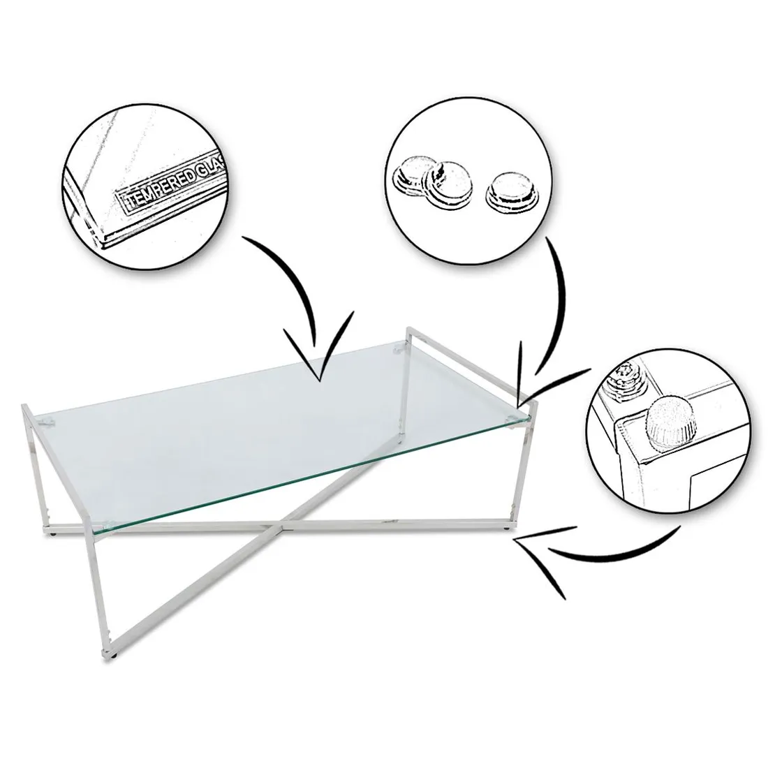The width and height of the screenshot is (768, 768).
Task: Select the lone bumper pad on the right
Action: pyautogui.click(x=511, y=193)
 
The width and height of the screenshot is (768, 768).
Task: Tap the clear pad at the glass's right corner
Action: pyautogui.click(x=512, y=418)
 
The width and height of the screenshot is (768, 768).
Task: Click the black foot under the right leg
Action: pyautogui.click(x=508, y=529)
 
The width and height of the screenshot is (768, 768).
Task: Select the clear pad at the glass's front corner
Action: pyautogui.click(x=108, y=522)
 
